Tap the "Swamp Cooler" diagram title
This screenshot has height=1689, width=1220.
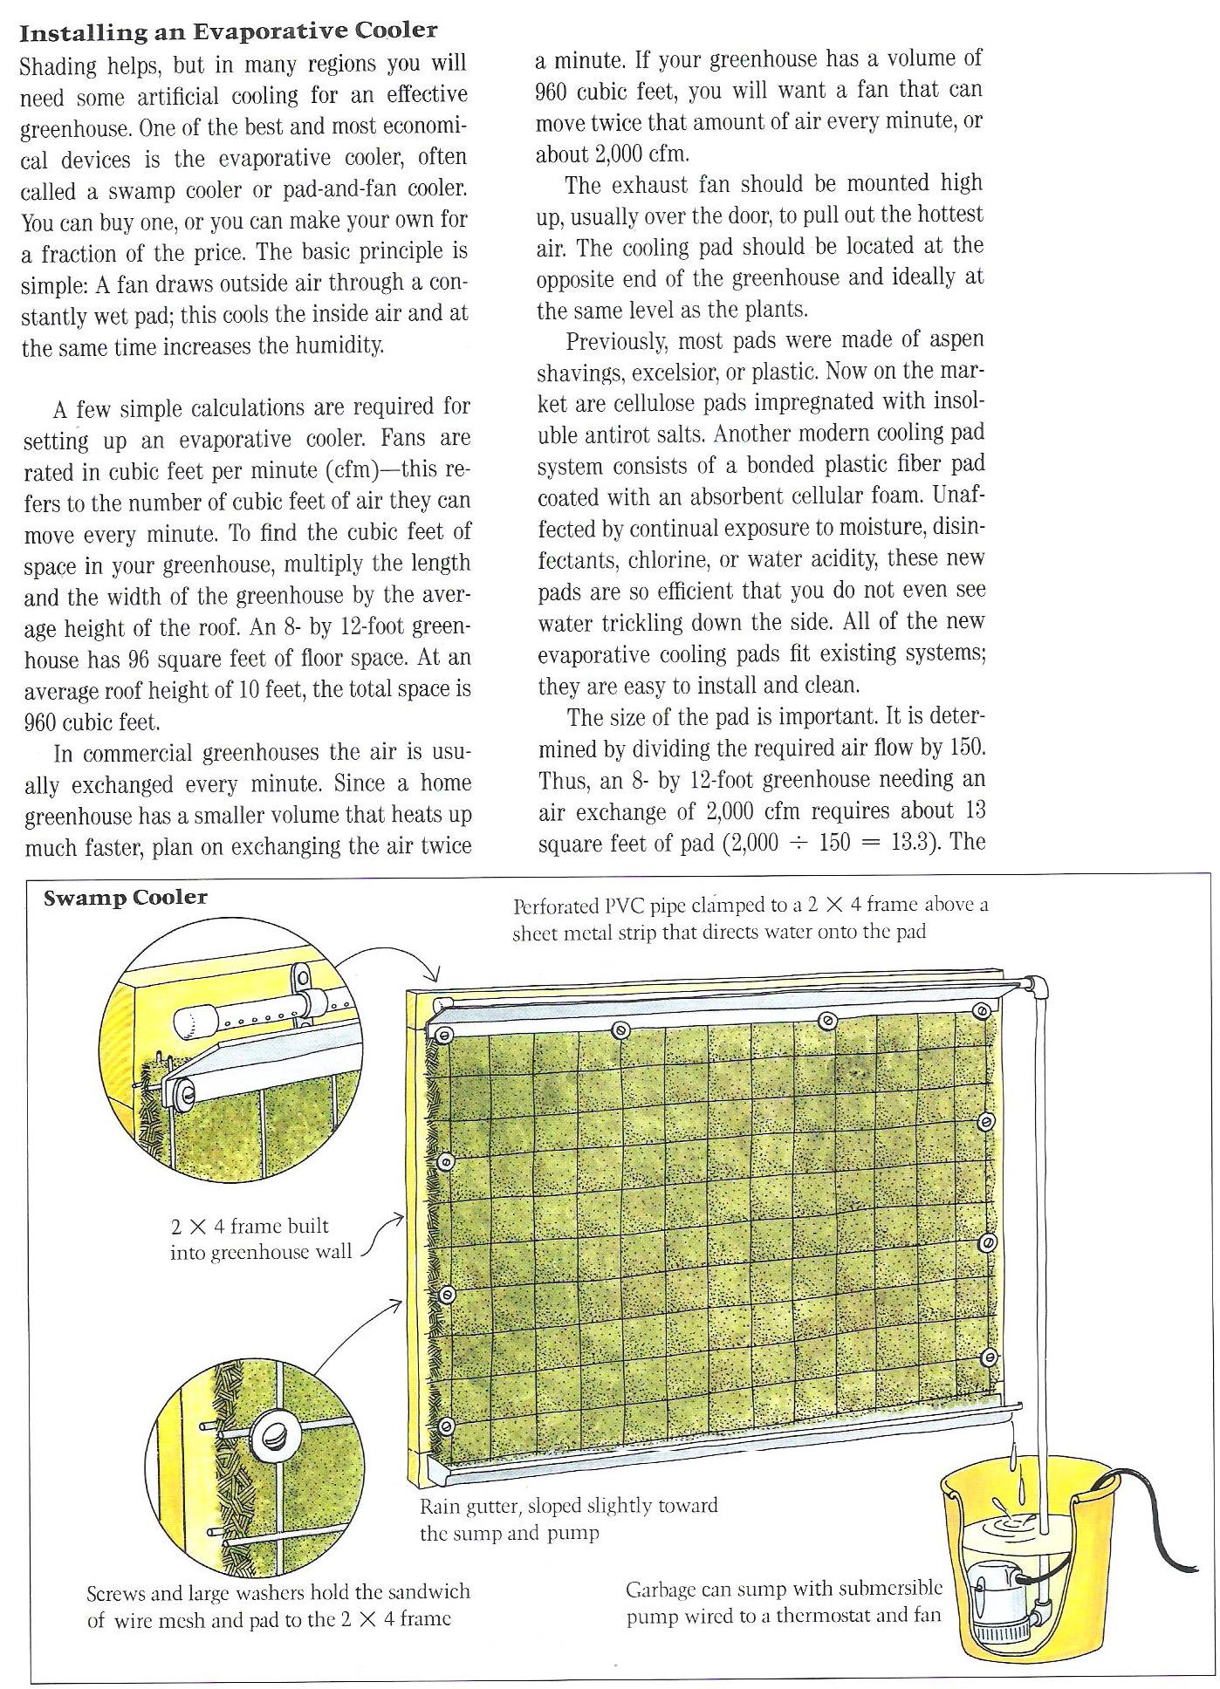pos(126,898)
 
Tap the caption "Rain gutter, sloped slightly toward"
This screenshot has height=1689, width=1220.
pos(568,1507)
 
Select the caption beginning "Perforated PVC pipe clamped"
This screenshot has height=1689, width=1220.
pos(750,919)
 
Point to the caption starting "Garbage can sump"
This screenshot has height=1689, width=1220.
pos(784,1602)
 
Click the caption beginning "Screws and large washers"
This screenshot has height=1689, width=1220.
pos(278,1605)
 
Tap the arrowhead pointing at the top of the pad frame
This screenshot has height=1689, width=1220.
pos(437,974)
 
